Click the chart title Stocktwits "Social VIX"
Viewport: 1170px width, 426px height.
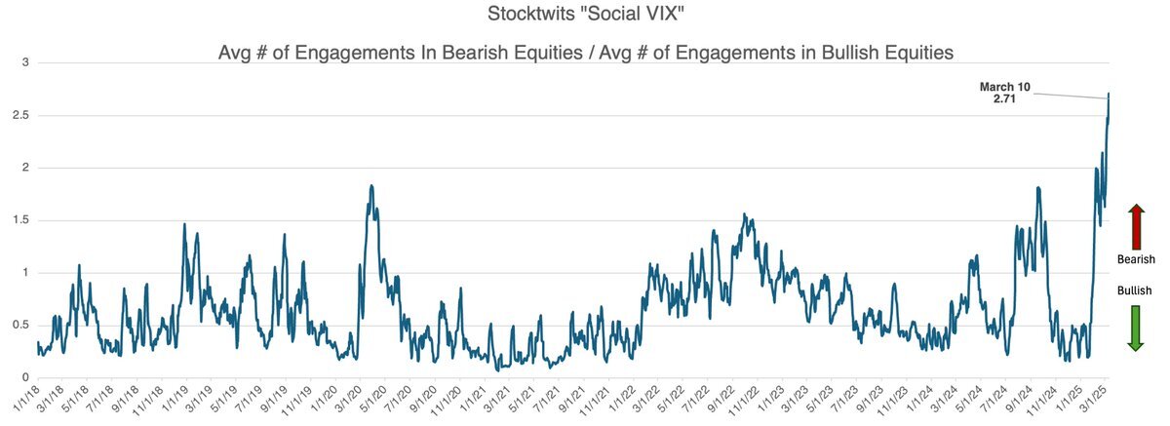(585, 16)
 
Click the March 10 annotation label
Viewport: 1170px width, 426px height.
(1004, 87)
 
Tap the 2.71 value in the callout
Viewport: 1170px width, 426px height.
(1004, 99)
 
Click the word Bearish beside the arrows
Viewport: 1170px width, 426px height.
(1135, 259)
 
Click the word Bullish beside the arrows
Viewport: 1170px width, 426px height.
(1135, 290)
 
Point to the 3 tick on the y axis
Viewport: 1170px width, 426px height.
(25, 63)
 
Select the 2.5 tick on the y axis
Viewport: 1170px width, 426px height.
(21, 116)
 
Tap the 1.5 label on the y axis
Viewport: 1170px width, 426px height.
(21, 221)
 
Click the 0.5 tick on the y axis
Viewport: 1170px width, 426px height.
(21, 326)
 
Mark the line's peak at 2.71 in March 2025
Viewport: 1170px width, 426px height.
(1110, 94)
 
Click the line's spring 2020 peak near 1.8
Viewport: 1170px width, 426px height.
(371, 185)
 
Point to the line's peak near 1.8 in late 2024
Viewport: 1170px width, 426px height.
(1038, 187)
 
